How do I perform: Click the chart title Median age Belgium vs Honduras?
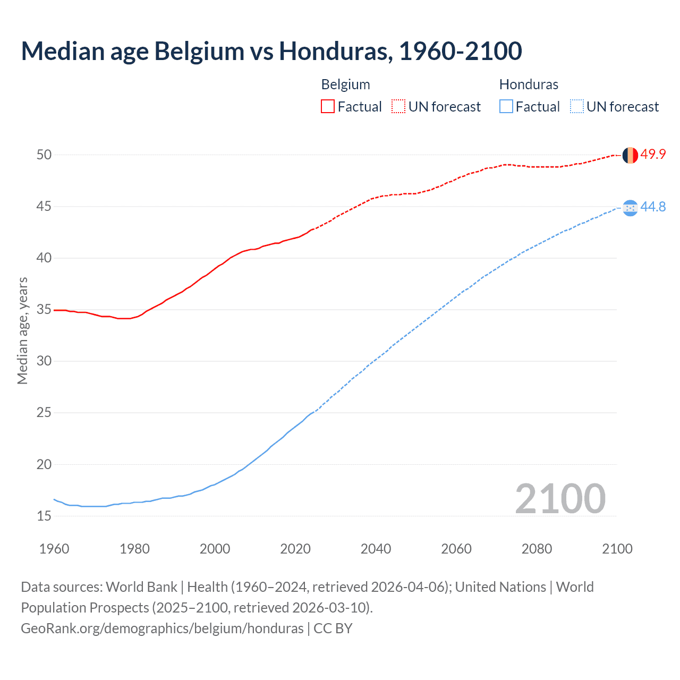[x=271, y=51]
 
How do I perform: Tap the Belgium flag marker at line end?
[x=630, y=155]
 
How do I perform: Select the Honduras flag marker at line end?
[x=630, y=208]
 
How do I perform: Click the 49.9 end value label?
[x=653, y=155]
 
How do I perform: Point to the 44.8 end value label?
[x=653, y=207]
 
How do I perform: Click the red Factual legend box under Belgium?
[x=328, y=107]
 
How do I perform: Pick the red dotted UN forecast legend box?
[x=398, y=107]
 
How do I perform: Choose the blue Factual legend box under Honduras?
[x=506, y=107]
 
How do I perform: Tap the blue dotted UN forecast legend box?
[x=577, y=107]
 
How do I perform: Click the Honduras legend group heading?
[x=529, y=84]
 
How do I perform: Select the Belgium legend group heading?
[x=345, y=84]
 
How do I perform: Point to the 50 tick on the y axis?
[x=44, y=155]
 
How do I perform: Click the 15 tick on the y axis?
[x=44, y=516]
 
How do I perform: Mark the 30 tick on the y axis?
[x=44, y=361]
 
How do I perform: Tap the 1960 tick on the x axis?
[x=54, y=549]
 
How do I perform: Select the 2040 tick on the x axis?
[x=376, y=549]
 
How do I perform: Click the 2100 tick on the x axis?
[x=617, y=549]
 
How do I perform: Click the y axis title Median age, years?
[x=22, y=330]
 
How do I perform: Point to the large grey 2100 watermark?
[x=560, y=499]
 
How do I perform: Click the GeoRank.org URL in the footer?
[x=162, y=628]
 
